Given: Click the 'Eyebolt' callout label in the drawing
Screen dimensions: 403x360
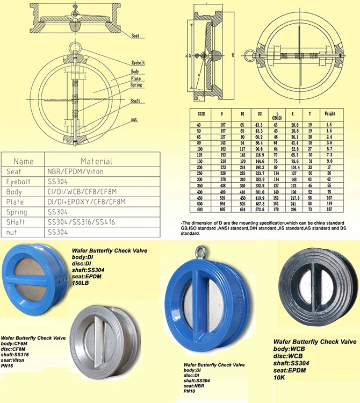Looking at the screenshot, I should coord(139,63).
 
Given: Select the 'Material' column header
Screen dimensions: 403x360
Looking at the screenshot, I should coord(96,161).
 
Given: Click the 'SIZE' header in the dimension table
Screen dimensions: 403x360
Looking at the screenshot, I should coord(201,114).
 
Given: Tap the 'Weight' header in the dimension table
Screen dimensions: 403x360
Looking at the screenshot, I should coord(329,114).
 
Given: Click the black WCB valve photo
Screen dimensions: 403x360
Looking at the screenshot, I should coord(314,287).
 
